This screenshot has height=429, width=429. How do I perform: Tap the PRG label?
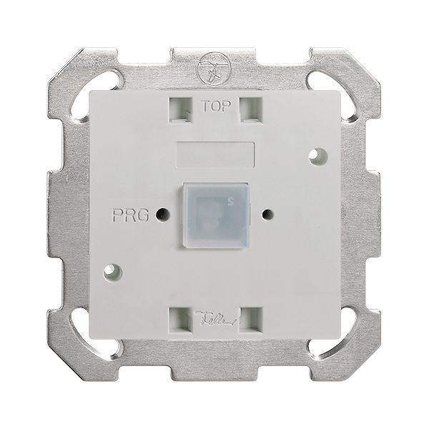[x=129, y=214]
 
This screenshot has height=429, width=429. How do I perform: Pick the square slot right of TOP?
[x=250, y=109]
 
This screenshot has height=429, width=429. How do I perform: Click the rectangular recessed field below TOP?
[x=214, y=152]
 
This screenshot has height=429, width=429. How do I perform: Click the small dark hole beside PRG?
[x=164, y=213]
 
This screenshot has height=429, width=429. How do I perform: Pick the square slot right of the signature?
[x=250, y=317]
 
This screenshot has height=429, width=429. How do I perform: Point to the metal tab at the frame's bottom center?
[x=214, y=372]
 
